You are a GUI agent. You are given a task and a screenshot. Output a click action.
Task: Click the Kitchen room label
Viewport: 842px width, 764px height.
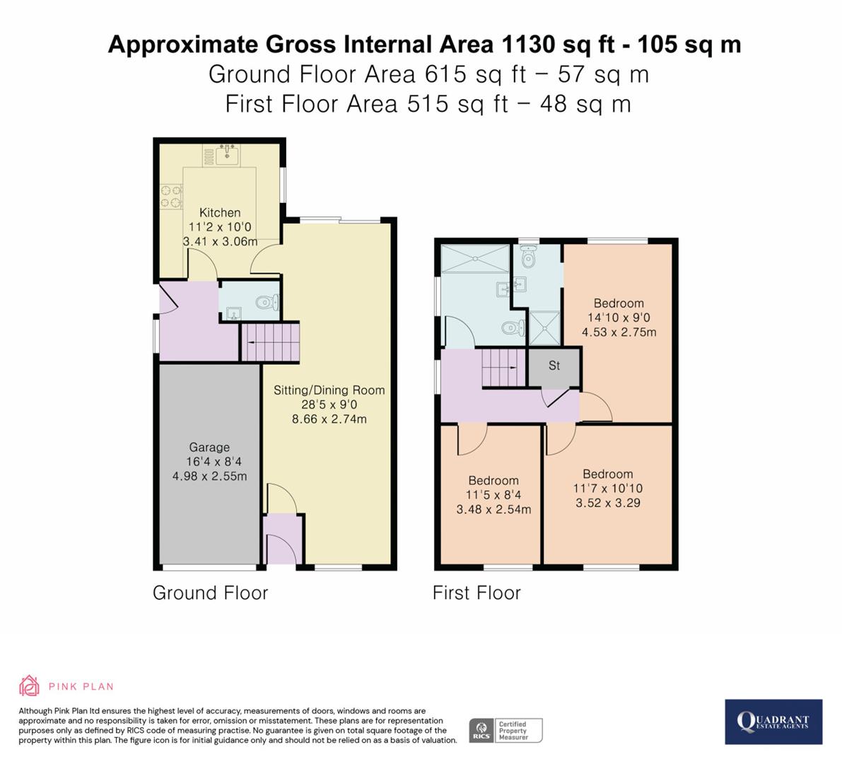(220, 212)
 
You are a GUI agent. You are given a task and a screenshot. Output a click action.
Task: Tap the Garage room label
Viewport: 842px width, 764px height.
(209, 447)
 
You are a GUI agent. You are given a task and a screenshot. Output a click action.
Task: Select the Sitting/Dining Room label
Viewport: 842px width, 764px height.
(329, 390)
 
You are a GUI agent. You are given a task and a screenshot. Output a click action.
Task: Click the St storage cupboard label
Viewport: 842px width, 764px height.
(554, 366)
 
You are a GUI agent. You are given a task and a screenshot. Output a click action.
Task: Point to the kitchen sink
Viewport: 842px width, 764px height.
(226, 154)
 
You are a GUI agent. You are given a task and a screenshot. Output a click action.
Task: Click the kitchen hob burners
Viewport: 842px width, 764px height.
(170, 197)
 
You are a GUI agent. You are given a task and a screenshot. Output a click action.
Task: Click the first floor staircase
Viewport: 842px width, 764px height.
(505, 368)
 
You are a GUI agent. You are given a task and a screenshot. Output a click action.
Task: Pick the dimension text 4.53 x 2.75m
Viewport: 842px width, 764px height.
(619, 332)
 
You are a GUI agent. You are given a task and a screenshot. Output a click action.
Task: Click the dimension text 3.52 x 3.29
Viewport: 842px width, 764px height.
(607, 503)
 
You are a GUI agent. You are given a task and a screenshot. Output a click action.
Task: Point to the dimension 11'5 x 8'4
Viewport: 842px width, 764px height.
(493, 495)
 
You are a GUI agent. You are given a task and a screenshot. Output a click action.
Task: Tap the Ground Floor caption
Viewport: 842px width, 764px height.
(210, 593)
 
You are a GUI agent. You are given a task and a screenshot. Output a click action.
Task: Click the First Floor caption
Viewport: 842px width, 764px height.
(476, 593)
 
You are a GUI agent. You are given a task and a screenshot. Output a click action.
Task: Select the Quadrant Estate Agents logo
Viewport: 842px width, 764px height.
(773, 722)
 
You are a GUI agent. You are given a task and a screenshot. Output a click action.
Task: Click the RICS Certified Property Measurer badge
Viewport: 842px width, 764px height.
(506, 730)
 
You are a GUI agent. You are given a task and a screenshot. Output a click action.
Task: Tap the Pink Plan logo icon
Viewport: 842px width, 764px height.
(29, 685)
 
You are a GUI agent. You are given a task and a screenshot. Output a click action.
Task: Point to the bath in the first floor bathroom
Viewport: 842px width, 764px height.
(474, 259)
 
